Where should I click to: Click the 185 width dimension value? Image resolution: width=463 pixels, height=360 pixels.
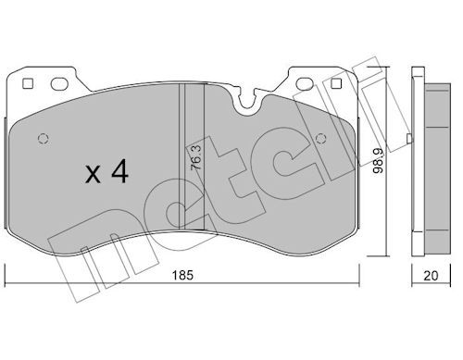tap(182, 275)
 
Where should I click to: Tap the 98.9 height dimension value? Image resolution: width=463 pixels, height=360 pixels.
tap(378, 160)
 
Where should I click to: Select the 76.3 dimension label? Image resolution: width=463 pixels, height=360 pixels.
tap(196, 157)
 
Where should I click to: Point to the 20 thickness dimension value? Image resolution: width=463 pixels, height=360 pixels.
tap(431, 276)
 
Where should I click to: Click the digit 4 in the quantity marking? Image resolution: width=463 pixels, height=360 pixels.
tap(120, 171)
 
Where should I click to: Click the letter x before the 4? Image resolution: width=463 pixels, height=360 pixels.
tap(93, 174)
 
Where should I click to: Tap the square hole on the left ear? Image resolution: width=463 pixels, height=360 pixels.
tap(28, 83)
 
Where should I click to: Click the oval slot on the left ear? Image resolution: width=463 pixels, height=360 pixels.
tap(59, 83)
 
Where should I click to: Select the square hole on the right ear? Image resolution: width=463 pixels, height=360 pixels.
tap(336, 83)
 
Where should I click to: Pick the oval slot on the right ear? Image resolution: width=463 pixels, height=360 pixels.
tap(305, 83)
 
